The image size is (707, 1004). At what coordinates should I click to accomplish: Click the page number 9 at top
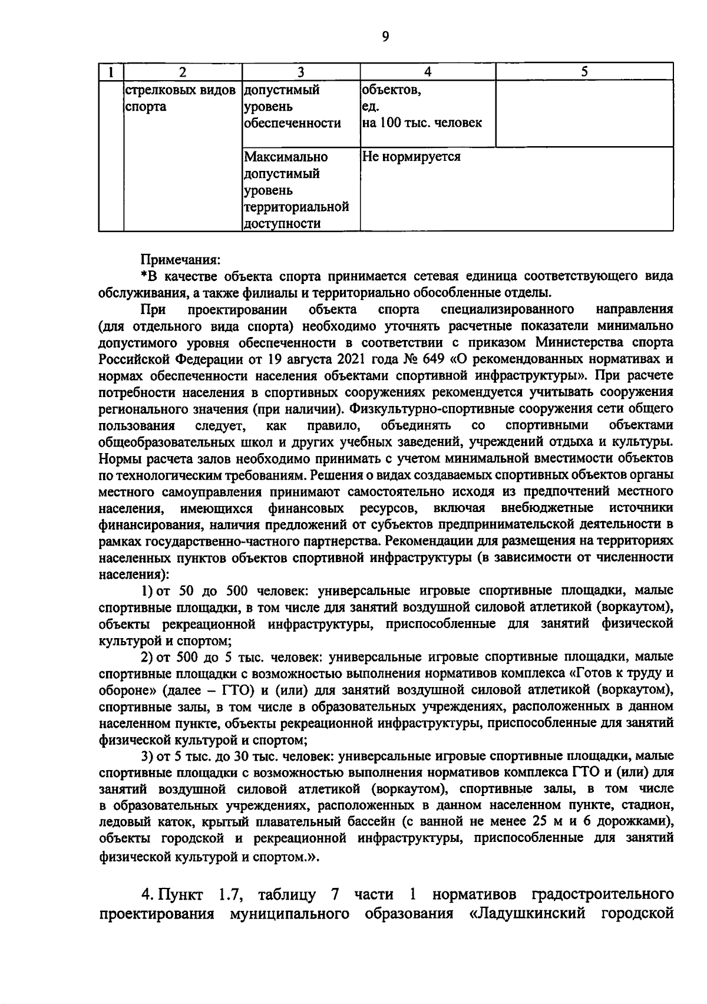point(385,37)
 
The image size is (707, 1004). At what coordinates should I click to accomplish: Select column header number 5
point(584,72)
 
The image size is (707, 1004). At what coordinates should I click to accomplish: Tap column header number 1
point(110,72)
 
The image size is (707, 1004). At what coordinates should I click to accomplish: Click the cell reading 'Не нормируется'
point(411,157)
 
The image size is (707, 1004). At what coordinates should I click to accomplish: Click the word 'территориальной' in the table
point(296,207)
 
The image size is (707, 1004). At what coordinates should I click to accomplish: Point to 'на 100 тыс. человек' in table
point(421,123)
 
